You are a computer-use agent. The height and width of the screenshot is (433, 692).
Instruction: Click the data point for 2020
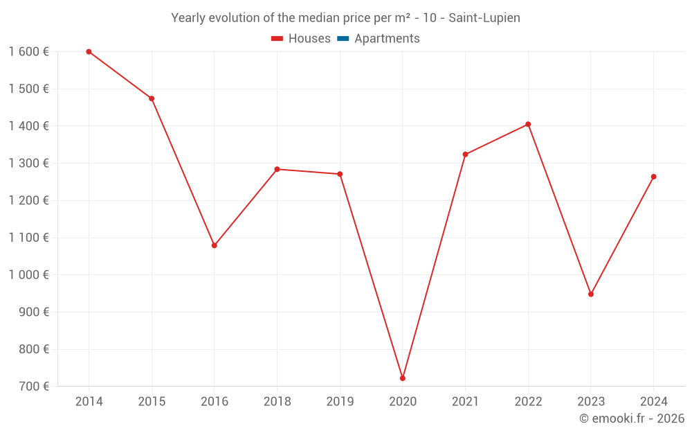click(403, 378)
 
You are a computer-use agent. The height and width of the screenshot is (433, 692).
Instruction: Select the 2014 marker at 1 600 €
click(89, 52)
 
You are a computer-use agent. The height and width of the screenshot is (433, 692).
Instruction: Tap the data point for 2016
click(215, 245)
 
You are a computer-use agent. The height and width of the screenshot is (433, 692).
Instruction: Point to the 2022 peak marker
click(528, 125)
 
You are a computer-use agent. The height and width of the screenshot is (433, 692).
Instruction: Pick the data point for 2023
click(591, 294)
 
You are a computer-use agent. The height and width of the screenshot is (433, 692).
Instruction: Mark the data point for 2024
click(653, 177)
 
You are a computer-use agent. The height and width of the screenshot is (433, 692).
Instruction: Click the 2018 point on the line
click(277, 169)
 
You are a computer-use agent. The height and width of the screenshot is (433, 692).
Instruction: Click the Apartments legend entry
click(387, 39)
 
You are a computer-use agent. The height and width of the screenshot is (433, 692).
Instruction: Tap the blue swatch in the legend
click(343, 39)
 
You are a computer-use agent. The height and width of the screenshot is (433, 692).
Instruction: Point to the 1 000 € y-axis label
click(28, 274)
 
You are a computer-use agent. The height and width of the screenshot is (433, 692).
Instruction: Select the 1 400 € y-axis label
click(28, 126)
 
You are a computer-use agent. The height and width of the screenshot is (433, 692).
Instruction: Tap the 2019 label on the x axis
click(340, 402)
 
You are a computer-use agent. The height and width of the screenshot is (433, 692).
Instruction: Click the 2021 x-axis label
click(465, 402)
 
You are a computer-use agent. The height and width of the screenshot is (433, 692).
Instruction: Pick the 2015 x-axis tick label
click(152, 402)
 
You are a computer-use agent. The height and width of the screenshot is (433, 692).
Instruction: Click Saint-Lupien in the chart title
click(484, 18)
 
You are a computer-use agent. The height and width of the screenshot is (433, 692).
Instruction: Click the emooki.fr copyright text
click(632, 418)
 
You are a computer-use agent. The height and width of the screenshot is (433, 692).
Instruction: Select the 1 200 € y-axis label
click(28, 200)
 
